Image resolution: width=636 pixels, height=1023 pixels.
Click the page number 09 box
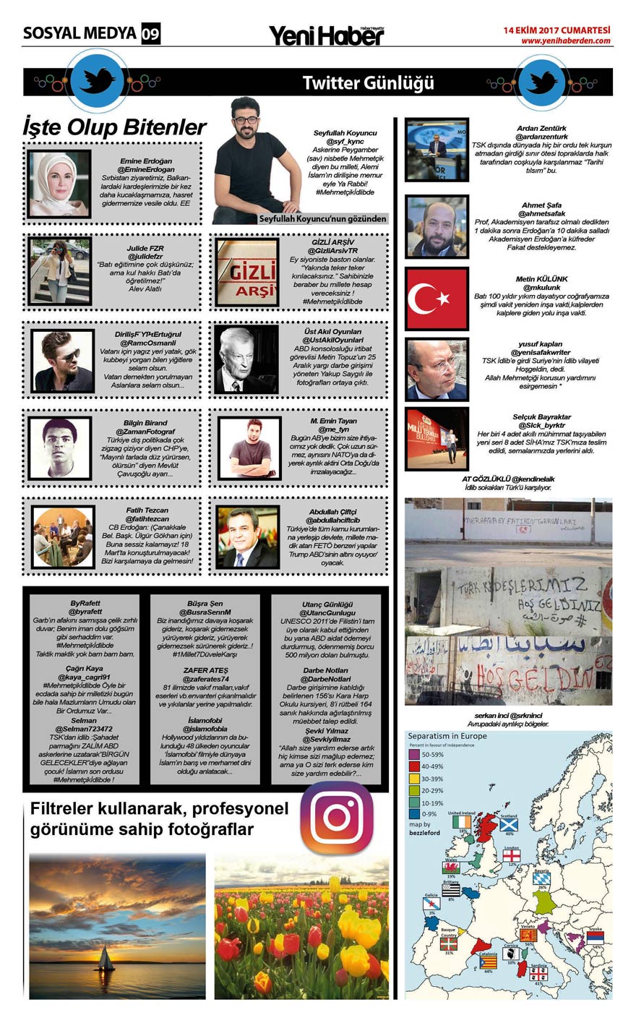tap(150, 33)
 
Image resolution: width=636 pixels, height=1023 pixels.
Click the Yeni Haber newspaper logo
tap(326, 35)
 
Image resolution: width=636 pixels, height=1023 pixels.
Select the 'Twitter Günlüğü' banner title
tap(368, 82)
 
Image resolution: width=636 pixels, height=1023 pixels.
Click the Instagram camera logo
tap(336, 818)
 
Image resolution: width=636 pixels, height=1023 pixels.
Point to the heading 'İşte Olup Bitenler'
tap(114, 127)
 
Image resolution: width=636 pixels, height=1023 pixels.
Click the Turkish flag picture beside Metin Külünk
tap(436, 298)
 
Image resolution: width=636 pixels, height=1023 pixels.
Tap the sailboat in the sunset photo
tap(106, 959)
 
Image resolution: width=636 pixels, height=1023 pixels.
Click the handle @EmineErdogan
tap(146, 169)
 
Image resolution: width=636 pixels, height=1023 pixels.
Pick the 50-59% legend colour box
tap(413, 754)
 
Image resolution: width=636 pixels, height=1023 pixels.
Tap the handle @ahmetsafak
tap(541, 213)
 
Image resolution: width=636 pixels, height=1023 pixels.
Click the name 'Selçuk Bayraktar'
tap(541, 417)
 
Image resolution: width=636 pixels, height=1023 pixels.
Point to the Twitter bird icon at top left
tap(97, 80)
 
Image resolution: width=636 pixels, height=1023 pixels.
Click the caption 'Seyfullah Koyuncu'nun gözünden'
tap(322, 218)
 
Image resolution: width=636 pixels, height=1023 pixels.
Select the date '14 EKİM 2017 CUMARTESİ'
tap(556, 30)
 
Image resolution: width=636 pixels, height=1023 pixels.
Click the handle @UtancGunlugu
tap(328, 612)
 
